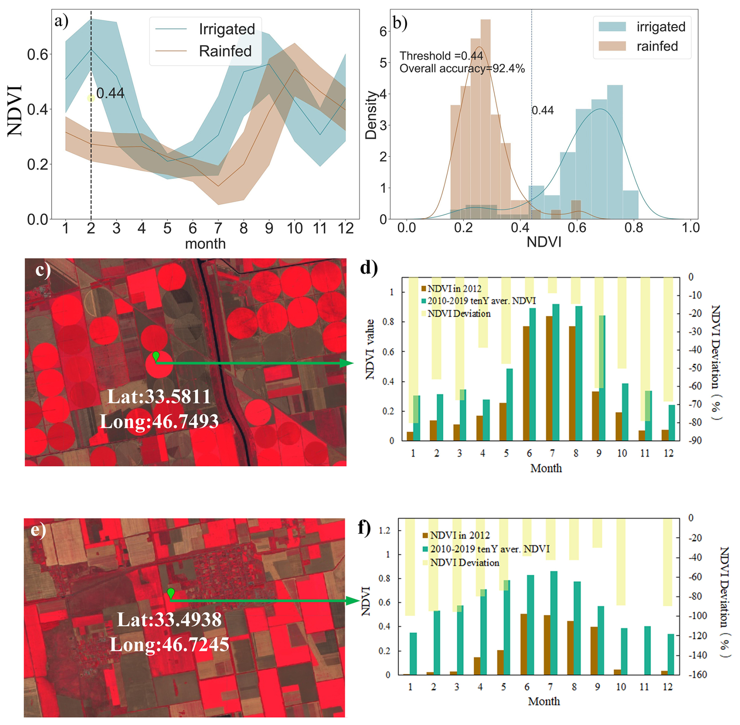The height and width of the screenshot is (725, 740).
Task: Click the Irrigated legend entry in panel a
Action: pyautogui.click(x=226, y=29)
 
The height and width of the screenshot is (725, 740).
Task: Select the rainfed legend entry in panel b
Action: pyautogui.click(x=657, y=47)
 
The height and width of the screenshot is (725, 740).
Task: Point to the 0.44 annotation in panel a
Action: pyautogui.click(x=110, y=93)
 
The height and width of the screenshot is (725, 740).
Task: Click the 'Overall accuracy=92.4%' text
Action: pyautogui.click(x=462, y=69)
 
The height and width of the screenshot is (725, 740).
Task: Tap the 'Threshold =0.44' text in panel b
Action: pyautogui.click(x=441, y=56)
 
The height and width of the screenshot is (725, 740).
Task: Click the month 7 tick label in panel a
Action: pyautogui.click(x=218, y=228)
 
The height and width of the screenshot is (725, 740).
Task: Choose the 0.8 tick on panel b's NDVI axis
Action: pyautogui.click(x=633, y=227)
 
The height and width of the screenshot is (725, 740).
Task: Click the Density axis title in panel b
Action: pyautogui.click(x=370, y=115)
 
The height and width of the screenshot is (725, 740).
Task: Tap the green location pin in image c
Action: pyautogui.click(x=156, y=356)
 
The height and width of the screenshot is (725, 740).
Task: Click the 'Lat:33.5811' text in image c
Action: pyautogui.click(x=159, y=397)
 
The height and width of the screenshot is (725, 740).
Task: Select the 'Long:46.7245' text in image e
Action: pyautogui.click(x=169, y=644)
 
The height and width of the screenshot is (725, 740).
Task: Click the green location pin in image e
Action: pyautogui.click(x=171, y=593)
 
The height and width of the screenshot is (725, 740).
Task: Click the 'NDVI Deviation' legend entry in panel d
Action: pyautogui.click(x=458, y=314)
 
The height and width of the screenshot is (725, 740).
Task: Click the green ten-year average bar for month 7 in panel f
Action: pyautogui.click(x=553, y=623)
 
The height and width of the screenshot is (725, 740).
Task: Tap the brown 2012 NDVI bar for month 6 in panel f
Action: pyautogui.click(x=524, y=644)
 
